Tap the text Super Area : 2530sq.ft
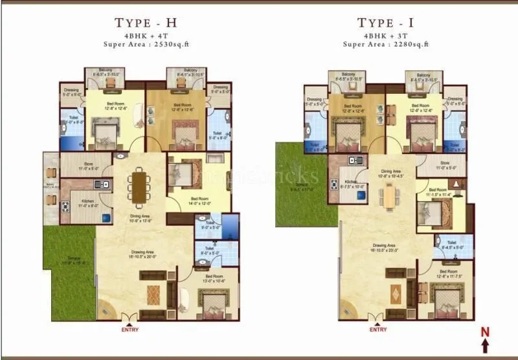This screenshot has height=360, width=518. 146,45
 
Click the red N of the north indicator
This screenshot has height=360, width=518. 484,333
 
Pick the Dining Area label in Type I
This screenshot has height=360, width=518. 392,172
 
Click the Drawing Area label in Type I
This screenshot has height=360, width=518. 385,245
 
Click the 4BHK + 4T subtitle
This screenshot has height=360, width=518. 146,35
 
